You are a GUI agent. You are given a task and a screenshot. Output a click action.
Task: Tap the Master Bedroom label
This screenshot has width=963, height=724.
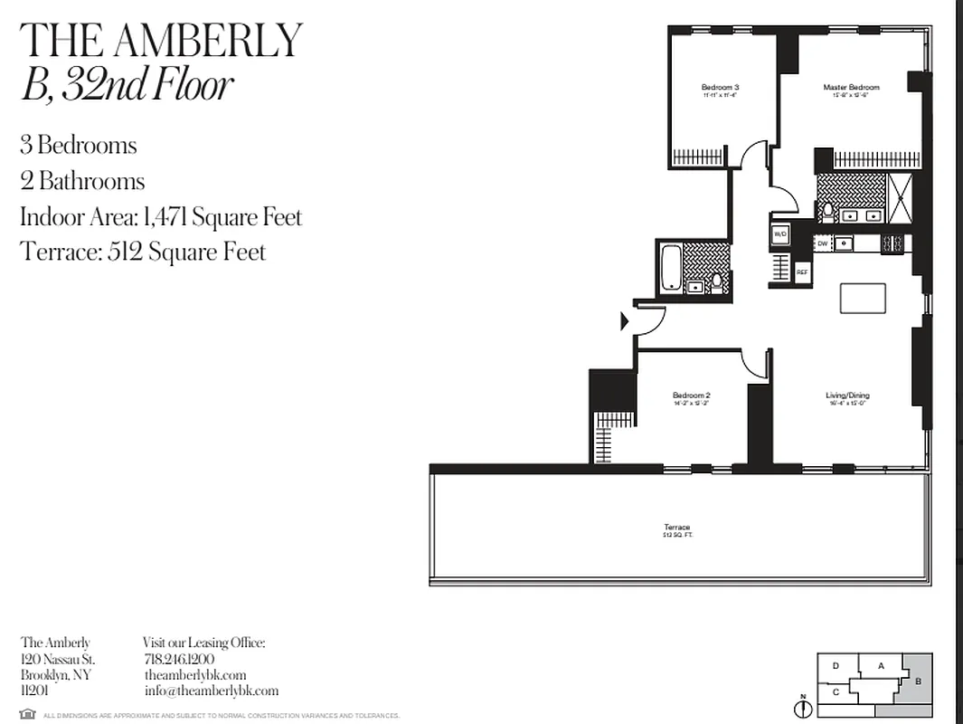click(x=850, y=88)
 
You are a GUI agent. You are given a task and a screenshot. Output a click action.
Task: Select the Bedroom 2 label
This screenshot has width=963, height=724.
click(x=691, y=395)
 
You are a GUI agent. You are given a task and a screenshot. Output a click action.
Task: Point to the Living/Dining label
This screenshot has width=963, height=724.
click(x=847, y=395)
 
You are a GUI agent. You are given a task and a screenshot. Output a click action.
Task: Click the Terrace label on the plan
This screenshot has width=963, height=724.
click(x=677, y=528)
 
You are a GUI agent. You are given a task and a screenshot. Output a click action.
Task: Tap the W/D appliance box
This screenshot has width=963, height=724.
click(x=780, y=234)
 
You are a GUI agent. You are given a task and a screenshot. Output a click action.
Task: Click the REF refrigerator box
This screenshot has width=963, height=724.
click(x=802, y=271)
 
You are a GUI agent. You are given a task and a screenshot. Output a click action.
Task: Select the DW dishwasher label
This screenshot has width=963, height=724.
click(x=823, y=243)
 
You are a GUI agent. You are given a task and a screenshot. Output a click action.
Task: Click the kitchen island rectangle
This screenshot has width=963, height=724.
click(x=864, y=298)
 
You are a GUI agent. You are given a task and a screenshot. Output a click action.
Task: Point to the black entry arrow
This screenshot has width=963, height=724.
click(x=624, y=320)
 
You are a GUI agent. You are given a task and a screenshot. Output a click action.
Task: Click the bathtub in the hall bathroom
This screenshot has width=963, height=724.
click(x=672, y=266)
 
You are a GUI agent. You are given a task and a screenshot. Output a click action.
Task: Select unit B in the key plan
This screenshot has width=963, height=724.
click(x=917, y=681)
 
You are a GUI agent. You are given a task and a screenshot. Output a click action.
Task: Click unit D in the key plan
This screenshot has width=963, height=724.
click(x=836, y=666)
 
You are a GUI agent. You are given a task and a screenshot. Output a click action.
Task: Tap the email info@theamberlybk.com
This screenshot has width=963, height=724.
click(x=211, y=691)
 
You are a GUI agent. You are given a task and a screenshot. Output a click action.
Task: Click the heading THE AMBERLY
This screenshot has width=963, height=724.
click(x=161, y=39)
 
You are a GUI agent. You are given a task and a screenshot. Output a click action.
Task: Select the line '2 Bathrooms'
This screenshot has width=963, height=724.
click(x=82, y=181)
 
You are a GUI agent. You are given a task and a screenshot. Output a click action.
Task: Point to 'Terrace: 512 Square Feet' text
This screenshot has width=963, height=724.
click(x=143, y=251)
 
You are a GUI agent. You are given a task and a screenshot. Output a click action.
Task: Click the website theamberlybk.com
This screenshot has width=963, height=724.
click(x=194, y=675)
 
